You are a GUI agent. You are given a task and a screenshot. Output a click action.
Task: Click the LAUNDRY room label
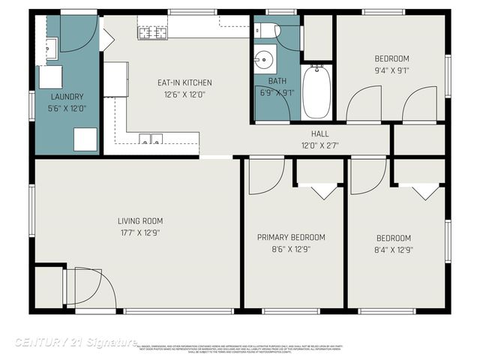[67, 97]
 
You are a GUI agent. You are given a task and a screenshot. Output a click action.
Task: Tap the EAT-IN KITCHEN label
[184, 82]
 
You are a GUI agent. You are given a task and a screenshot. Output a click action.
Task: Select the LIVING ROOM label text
[139, 220]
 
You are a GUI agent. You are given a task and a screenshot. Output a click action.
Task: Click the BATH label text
[277, 81]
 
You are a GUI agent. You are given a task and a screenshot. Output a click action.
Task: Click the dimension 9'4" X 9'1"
[391, 71]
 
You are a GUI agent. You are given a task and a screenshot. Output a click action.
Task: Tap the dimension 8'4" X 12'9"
[394, 250]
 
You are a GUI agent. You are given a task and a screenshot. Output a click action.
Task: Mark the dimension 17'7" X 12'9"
[139, 232]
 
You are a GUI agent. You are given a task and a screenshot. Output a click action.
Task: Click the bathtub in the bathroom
[315, 91]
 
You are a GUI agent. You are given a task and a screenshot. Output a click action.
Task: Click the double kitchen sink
[151, 139]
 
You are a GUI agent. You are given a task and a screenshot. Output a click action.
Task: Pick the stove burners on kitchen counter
[152, 31]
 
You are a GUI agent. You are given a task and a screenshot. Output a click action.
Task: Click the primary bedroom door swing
[262, 172]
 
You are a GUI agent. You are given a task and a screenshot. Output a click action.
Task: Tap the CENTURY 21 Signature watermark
[75, 342]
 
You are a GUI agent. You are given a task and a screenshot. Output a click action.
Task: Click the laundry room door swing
[78, 33]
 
